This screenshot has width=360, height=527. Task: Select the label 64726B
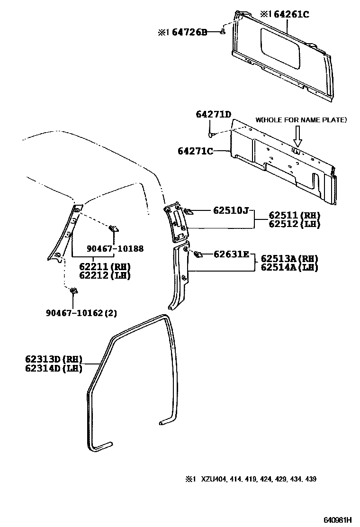[189, 32]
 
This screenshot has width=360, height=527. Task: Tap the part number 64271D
[213, 114]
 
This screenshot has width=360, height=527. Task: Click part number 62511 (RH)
[294, 215]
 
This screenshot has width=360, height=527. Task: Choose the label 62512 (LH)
[294, 224]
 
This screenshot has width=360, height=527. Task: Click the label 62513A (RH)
[289, 259]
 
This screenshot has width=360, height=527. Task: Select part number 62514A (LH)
[289, 267]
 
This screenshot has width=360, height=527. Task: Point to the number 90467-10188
[115, 248]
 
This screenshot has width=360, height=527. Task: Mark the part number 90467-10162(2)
[81, 313]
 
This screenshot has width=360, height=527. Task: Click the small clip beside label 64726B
[222, 32]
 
